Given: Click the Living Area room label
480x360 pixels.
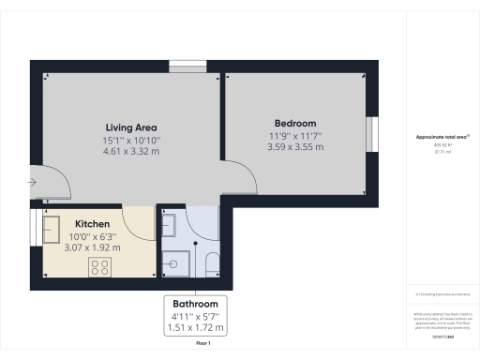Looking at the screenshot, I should (x=130, y=127).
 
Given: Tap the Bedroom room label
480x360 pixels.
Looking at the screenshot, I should (x=294, y=124).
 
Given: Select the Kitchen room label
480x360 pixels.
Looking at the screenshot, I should (x=93, y=224).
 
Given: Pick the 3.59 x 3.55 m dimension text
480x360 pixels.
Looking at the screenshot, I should (x=294, y=146).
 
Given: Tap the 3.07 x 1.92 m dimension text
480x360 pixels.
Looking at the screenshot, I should (x=93, y=247).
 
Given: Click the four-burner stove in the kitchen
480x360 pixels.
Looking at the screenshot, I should (x=100, y=267).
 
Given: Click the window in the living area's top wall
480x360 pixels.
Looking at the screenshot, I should (x=182, y=65).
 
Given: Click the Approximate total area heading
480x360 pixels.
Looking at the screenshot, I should (x=442, y=137).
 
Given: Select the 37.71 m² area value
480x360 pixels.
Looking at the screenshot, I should (x=442, y=151).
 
